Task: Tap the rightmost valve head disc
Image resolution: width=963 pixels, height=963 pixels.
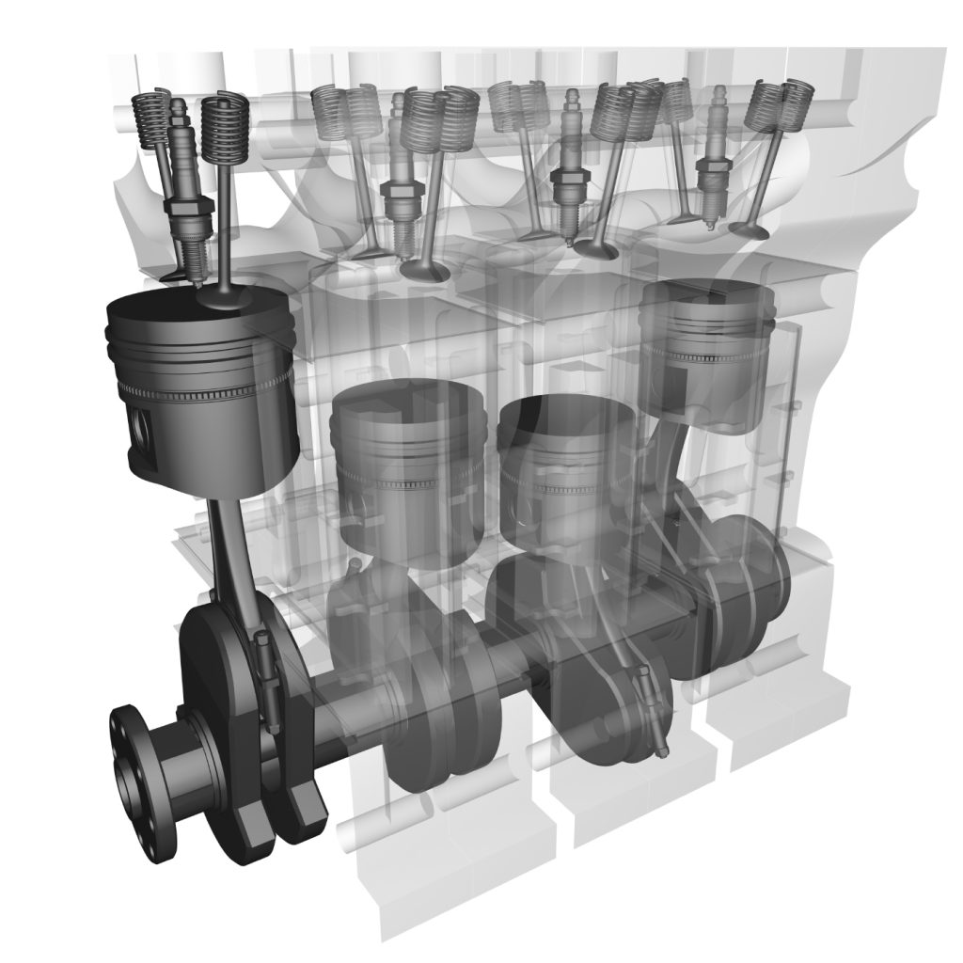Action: [x=749, y=229]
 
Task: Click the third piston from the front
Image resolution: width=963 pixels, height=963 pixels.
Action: [x=564, y=470]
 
